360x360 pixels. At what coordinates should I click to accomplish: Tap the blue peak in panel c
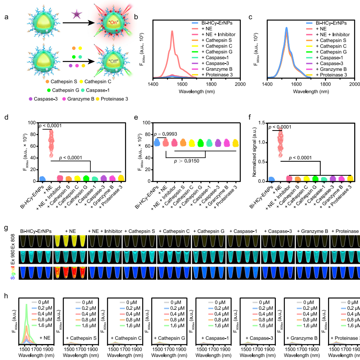click(x=286, y=28)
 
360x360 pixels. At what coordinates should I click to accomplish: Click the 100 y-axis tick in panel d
click(x=31, y=123)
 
